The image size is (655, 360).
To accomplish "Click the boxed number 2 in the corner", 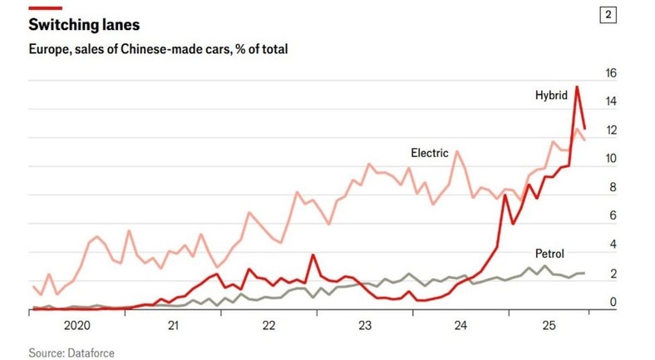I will pos(610,16).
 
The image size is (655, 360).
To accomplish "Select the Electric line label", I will pos(429,153).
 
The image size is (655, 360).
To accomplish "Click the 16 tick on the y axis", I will pos(611,73).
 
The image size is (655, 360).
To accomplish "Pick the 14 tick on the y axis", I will pos(611,102).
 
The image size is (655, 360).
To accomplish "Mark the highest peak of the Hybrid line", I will pos(577,87).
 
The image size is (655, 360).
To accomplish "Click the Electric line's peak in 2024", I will pos(456,151).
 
